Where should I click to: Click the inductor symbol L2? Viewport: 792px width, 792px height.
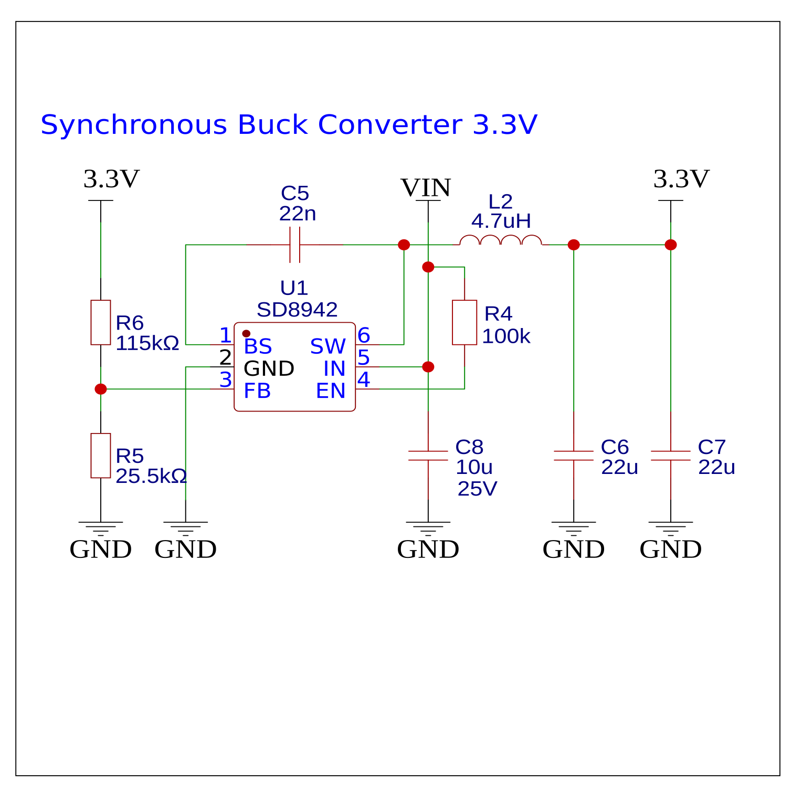point(501,241)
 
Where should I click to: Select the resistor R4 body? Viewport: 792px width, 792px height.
point(464,322)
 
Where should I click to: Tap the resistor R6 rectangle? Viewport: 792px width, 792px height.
point(101,322)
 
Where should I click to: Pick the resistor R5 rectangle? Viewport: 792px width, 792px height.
point(101,456)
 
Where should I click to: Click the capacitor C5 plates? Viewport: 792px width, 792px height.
point(295,245)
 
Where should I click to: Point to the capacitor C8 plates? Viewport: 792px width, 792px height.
point(428,456)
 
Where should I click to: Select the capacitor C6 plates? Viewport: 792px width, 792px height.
point(574,456)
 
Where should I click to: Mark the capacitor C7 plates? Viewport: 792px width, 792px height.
point(671,456)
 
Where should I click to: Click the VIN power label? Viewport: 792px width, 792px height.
point(426,188)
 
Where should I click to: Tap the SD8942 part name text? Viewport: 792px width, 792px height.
point(297,310)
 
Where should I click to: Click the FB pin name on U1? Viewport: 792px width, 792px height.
point(257,391)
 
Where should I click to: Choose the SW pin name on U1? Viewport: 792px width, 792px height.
point(328,346)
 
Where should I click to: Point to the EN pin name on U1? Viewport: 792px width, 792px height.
point(331,391)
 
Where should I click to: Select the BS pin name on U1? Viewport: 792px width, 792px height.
point(258,346)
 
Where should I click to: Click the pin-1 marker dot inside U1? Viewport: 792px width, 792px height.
point(246,333)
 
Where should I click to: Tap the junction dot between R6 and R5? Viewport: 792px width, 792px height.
point(101,389)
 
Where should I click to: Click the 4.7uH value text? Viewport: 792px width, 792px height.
point(501,221)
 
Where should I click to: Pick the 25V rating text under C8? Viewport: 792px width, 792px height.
point(477,489)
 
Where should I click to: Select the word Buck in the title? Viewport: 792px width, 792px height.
point(272,125)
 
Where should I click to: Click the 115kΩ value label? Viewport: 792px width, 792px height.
point(147,343)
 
